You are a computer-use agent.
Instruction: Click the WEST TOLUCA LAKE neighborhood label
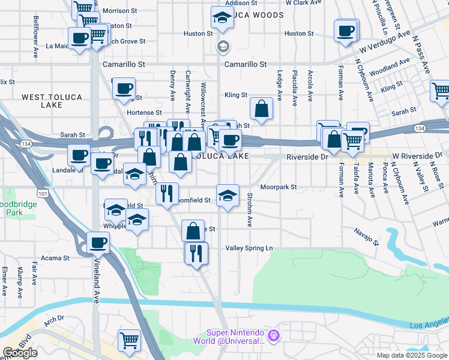50,101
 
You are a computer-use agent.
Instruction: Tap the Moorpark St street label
279,187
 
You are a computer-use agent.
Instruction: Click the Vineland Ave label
96,281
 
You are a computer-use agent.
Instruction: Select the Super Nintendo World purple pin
274,334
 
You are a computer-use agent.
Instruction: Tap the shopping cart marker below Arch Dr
129,340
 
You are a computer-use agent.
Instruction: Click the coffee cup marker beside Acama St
98,243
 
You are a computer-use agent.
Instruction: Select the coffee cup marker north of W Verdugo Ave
346,31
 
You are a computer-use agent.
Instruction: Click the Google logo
20,353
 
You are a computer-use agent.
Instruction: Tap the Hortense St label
144,112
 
